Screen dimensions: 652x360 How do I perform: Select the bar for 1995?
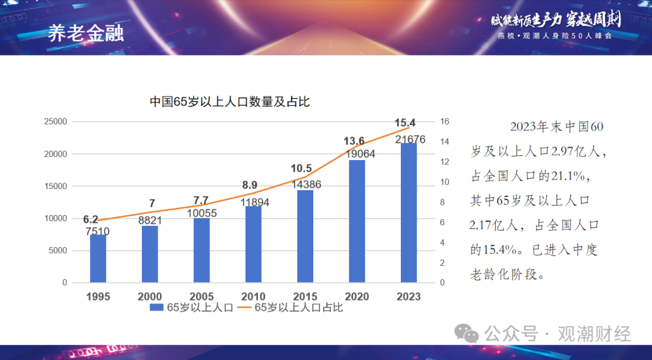point(98,259)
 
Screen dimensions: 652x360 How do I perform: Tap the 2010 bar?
point(253,244)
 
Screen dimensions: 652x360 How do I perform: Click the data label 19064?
point(357,154)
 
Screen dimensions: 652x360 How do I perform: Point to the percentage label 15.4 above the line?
point(405,123)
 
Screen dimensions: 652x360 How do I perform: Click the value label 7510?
point(98,231)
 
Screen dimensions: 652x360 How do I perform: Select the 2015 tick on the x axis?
point(305,297)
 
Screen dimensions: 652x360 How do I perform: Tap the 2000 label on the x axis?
point(150,297)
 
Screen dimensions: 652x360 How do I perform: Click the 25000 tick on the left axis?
point(56,121)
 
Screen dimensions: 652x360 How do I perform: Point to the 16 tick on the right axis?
point(445,121)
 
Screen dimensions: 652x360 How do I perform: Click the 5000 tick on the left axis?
point(57,251)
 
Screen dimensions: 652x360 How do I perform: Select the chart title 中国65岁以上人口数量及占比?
point(229,102)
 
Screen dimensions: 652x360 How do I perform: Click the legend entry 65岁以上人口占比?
point(298,307)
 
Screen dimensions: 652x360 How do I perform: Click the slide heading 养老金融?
point(86,34)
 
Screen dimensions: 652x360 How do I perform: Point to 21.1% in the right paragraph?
point(566,176)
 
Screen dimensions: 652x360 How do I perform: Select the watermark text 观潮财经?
point(595,333)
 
